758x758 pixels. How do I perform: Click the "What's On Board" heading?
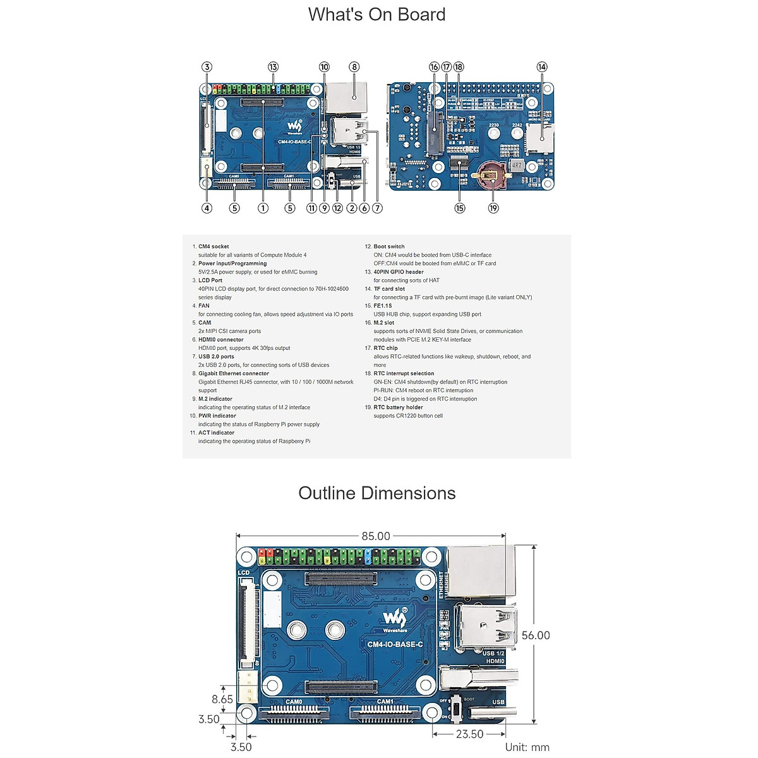377,15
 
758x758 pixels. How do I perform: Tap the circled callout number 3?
207,67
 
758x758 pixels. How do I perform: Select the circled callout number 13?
273,67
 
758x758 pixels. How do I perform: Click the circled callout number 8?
354,67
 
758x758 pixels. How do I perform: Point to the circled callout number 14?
542,67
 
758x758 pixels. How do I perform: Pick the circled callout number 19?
493,208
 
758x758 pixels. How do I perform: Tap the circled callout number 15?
459,208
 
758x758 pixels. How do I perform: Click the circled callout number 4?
207,208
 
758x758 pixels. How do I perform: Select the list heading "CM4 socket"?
214,246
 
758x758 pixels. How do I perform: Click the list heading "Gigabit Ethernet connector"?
234,373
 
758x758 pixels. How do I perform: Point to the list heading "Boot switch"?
388,246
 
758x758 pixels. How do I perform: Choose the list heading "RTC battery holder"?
398,407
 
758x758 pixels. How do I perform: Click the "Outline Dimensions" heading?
377,493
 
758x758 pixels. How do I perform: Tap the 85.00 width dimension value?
376,536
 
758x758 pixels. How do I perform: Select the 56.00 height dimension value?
536,635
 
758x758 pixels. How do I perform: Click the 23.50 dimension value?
469,734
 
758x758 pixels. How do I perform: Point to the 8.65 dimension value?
222,699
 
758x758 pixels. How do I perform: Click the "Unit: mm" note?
527,747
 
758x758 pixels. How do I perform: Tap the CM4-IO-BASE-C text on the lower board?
395,644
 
